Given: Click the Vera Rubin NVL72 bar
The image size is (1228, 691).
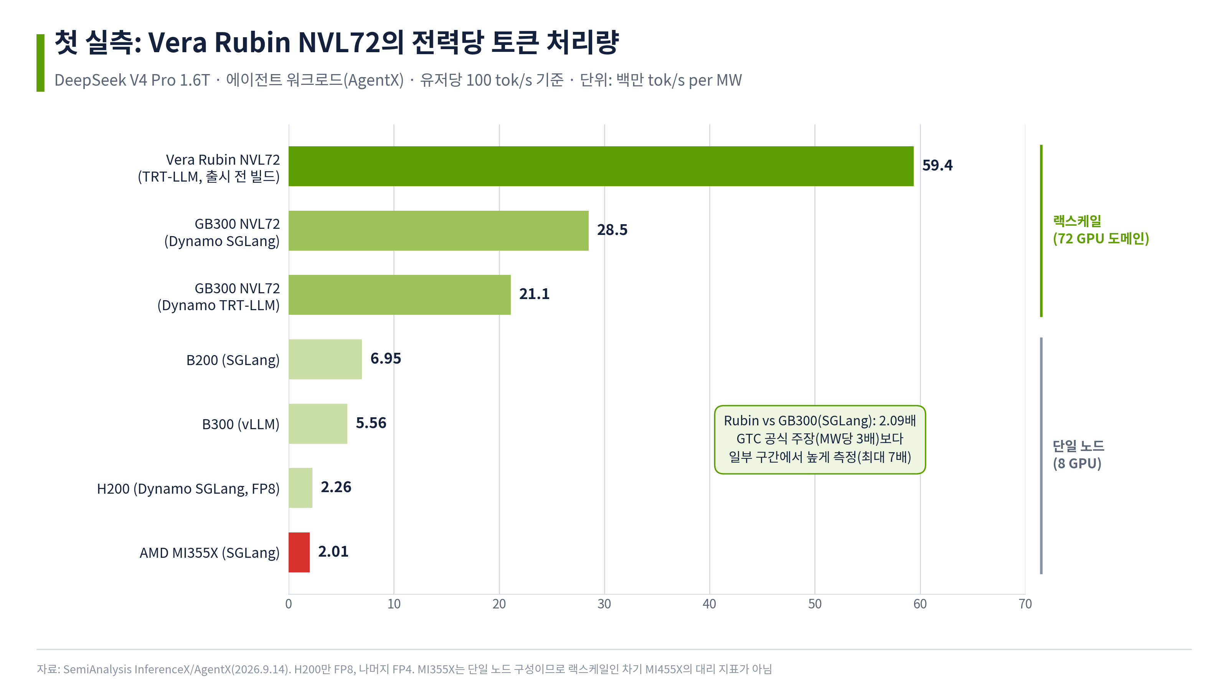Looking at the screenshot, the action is click(601, 166).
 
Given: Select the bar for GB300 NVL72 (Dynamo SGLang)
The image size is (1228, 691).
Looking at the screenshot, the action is click(439, 230).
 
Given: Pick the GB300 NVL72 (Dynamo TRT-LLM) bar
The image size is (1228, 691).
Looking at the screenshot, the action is click(399, 295).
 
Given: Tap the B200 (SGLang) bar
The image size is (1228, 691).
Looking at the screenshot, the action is click(325, 359).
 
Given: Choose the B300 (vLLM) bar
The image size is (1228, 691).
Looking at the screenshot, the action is click(318, 423).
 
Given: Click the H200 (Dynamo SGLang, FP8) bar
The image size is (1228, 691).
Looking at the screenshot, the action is click(300, 488).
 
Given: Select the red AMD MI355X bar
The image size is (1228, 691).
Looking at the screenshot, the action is click(299, 552).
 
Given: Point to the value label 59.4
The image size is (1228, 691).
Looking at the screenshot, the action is click(937, 165).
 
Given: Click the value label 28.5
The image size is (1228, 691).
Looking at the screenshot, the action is click(612, 230).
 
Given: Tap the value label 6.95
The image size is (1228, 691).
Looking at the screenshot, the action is click(386, 358).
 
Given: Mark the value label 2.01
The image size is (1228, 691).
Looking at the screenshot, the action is click(333, 551).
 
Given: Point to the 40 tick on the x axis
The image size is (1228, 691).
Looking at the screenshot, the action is click(709, 604).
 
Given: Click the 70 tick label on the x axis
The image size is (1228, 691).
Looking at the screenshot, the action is click(1025, 604).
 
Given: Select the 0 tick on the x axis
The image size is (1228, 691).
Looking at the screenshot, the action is click(289, 604).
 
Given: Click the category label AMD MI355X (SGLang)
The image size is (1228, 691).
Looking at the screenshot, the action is click(209, 553).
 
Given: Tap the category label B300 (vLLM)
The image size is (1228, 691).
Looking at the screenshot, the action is click(241, 424).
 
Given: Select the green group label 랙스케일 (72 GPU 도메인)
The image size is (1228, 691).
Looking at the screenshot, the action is click(1101, 230).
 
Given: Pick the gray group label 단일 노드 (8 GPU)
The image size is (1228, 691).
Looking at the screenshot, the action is click(1078, 455).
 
